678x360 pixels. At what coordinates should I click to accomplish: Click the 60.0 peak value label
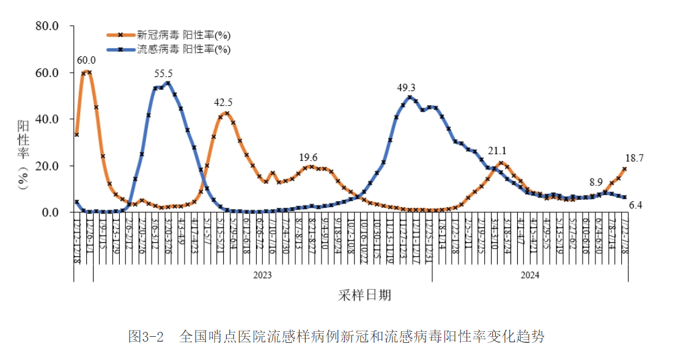[86, 60]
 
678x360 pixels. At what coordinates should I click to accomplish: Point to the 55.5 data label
[163, 73]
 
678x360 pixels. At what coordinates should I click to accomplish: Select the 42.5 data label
[223, 102]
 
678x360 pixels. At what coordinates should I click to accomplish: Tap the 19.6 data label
[308, 157]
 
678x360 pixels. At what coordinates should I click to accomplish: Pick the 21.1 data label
[498, 151]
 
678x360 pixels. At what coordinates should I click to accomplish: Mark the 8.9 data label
[596, 182]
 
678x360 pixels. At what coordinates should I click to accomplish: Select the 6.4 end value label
[636, 205]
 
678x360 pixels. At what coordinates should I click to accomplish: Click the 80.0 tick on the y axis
[47, 26]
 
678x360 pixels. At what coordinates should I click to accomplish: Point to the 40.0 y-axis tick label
[47, 119]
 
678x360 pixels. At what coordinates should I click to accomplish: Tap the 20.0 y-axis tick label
[47, 166]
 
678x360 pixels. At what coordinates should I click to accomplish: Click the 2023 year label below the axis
[262, 275]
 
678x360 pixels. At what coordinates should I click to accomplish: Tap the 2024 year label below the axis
[529, 275]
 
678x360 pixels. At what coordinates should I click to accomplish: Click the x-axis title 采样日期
[364, 296]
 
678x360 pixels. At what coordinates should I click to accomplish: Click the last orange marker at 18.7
[625, 169]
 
